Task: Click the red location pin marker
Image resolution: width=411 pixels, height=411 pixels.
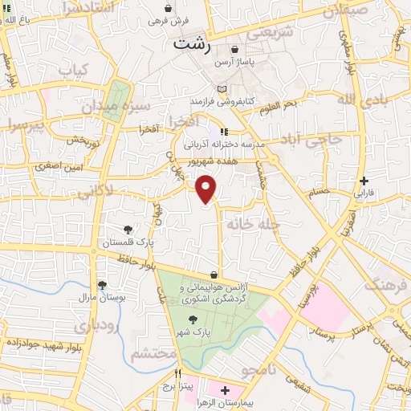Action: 206,188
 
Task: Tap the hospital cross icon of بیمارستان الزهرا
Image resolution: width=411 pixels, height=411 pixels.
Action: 225,389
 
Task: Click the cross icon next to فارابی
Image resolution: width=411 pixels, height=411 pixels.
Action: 364,180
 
